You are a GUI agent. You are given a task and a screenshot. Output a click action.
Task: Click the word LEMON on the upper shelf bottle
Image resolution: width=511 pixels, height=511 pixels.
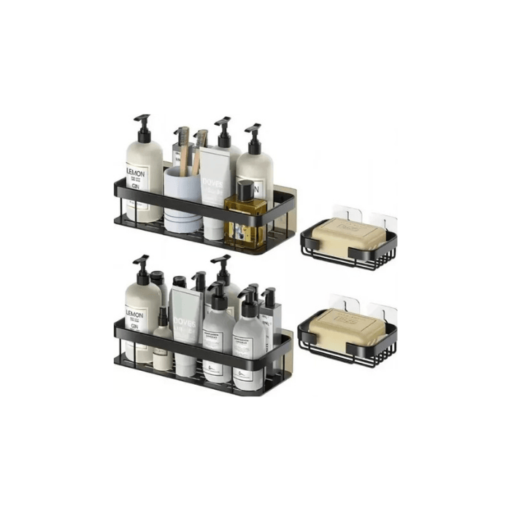coord(136,175)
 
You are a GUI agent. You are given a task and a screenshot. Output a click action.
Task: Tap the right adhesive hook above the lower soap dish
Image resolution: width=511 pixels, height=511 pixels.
coord(382,306)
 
